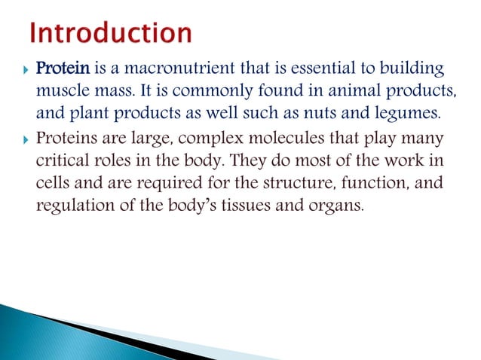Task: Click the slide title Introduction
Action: [111, 35]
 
